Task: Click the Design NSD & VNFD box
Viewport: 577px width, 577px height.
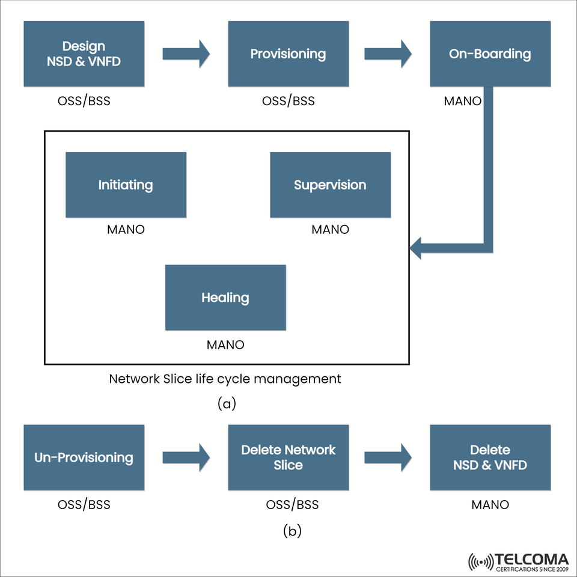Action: click(x=84, y=54)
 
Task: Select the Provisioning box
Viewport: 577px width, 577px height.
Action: click(x=288, y=54)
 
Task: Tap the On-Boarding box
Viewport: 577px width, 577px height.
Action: click(x=490, y=54)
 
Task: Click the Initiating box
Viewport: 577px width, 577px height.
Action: click(x=126, y=185)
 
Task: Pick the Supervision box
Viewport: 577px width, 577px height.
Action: click(x=330, y=185)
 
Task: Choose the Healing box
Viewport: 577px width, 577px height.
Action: click(x=225, y=298)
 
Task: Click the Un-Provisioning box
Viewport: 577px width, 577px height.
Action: click(x=84, y=457)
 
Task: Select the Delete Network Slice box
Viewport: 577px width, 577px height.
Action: click(x=288, y=457)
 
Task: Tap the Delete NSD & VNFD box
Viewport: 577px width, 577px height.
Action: click(x=490, y=457)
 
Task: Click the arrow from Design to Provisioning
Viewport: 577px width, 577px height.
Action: click(x=186, y=54)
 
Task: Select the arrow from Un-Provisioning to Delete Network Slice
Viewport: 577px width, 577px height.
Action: click(x=186, y=457)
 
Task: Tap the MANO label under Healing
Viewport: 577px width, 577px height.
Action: click(x=225, y=345)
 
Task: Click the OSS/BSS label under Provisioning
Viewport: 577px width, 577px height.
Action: click(x=288, y=101)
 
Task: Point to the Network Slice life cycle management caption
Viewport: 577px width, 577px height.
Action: click(x=225, y=379)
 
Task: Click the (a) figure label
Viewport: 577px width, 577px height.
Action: click(x=227, y=404)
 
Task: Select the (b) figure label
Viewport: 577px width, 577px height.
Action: click(x=292, y=531)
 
